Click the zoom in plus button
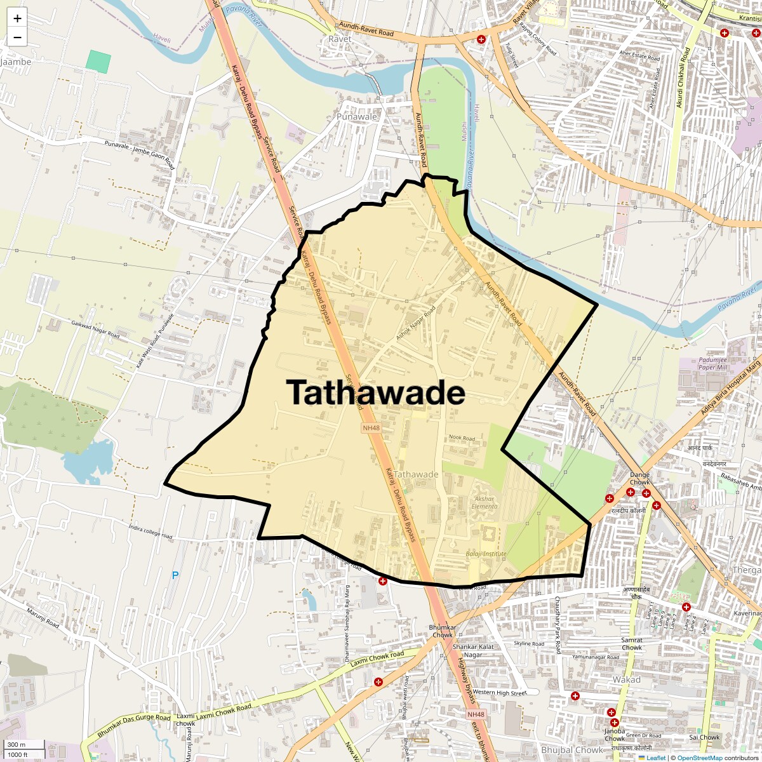tap(17, 18)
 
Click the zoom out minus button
tap(17, 38)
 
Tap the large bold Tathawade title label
tap(375, 392)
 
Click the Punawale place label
tap(356, 117)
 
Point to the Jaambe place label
tap(16, 62)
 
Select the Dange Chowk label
tap(639, 478)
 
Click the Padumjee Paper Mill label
tap(712, 364)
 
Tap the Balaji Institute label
tap(486, 554)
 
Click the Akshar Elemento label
tap(485, 502)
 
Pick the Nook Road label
tap(462, 438)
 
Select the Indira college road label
tap(150, 531)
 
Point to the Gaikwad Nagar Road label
tap(95, 329)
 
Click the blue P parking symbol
tap(176, 575)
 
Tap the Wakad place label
tap(626, 679)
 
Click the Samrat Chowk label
tap(632, 644)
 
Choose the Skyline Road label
tap(529, 643)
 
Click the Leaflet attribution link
tap(656, 758)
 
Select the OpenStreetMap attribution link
tap(699, 758)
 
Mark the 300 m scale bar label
tap(17, 745)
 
